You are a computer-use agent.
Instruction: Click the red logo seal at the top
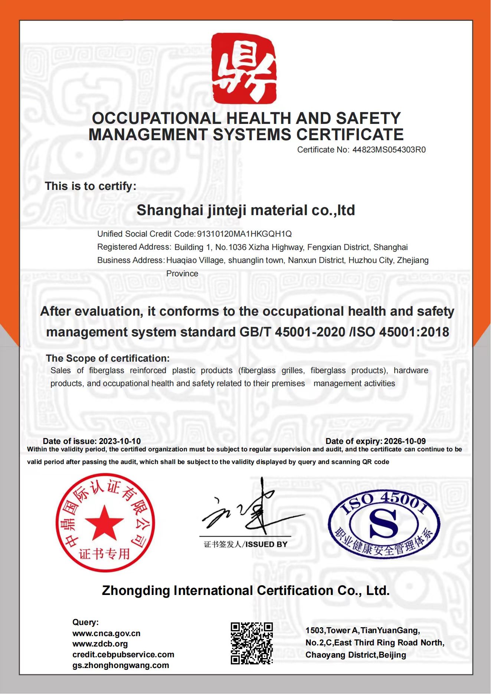coord(244,68)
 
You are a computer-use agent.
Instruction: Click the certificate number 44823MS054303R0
coord(389,150)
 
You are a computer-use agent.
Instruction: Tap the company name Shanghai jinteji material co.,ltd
coord(246,210)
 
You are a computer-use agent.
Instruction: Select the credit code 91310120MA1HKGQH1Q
coord(244,234)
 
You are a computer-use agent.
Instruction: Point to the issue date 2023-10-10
coord(120,441)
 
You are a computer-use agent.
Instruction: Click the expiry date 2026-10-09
coord(405,441)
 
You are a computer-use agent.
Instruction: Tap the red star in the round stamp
coord(104,523)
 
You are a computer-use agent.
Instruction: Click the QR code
coord(252,643)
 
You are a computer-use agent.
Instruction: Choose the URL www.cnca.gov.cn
coord(106,634)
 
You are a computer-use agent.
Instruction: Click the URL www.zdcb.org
coord(100,644)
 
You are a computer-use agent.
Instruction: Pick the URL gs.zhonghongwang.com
coord(121,665)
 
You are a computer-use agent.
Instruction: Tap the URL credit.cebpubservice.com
coord(123,655)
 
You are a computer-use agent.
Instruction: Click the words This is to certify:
coord(91,186)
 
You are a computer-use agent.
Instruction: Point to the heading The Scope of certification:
coord(108,358)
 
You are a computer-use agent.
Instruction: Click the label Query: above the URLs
coord(85,622)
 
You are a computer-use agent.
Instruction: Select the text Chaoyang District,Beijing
coord(356,655)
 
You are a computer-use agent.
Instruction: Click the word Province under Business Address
coord(182,274)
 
